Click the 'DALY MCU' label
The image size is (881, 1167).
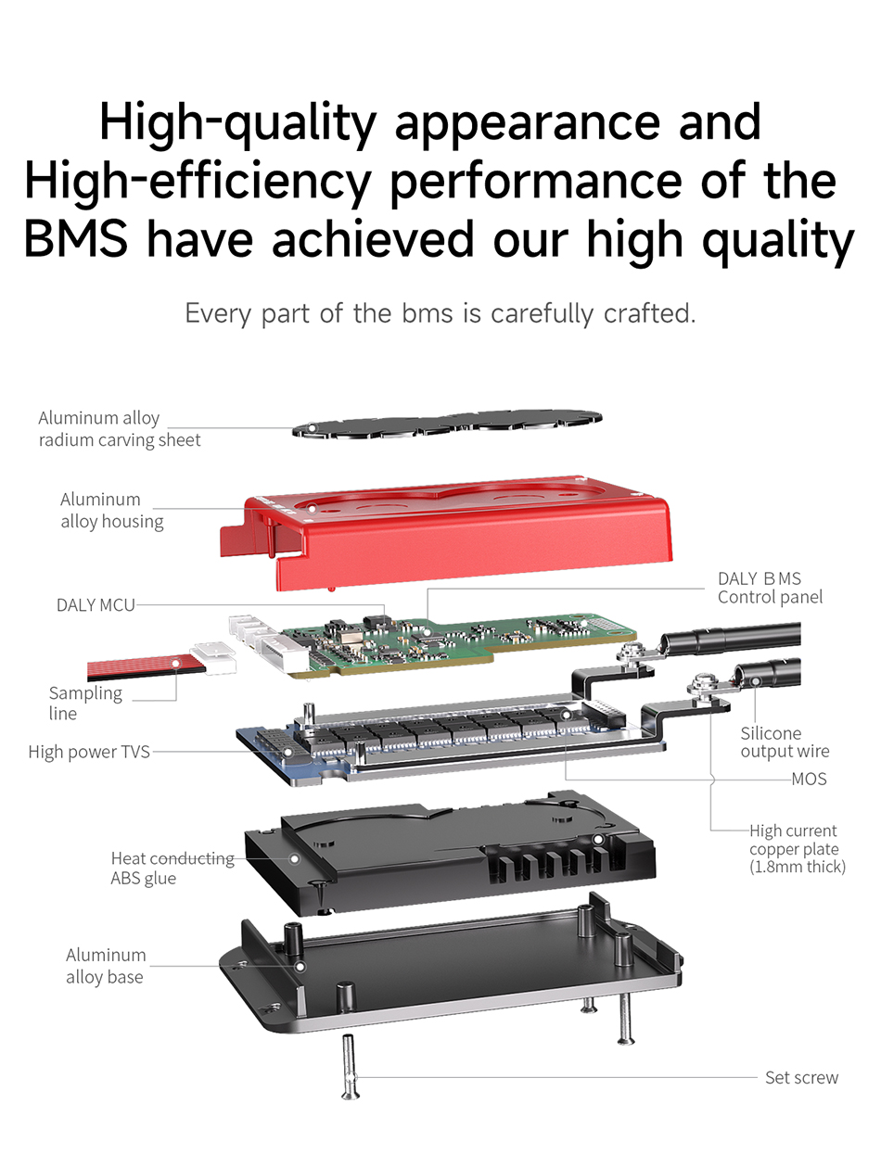pos(96,604)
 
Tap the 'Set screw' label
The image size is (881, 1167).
pos(801,1077)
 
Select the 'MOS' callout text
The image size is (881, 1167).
pos(809,779)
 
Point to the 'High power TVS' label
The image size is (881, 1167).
pos(89,752)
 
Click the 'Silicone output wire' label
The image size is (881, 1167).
pos(785,742)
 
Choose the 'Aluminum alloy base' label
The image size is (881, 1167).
pos(106,966)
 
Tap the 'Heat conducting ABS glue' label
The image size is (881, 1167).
pos(172,868)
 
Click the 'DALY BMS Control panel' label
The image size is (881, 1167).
pos(770,588)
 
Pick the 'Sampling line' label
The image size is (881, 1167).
pos(85,703)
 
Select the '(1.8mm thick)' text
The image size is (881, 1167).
pos(798,867)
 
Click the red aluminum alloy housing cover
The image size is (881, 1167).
pos(447,532)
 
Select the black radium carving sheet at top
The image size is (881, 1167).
pos(447,424)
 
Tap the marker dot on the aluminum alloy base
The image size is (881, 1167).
pos(300,967)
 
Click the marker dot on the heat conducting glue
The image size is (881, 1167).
pos(294,858)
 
